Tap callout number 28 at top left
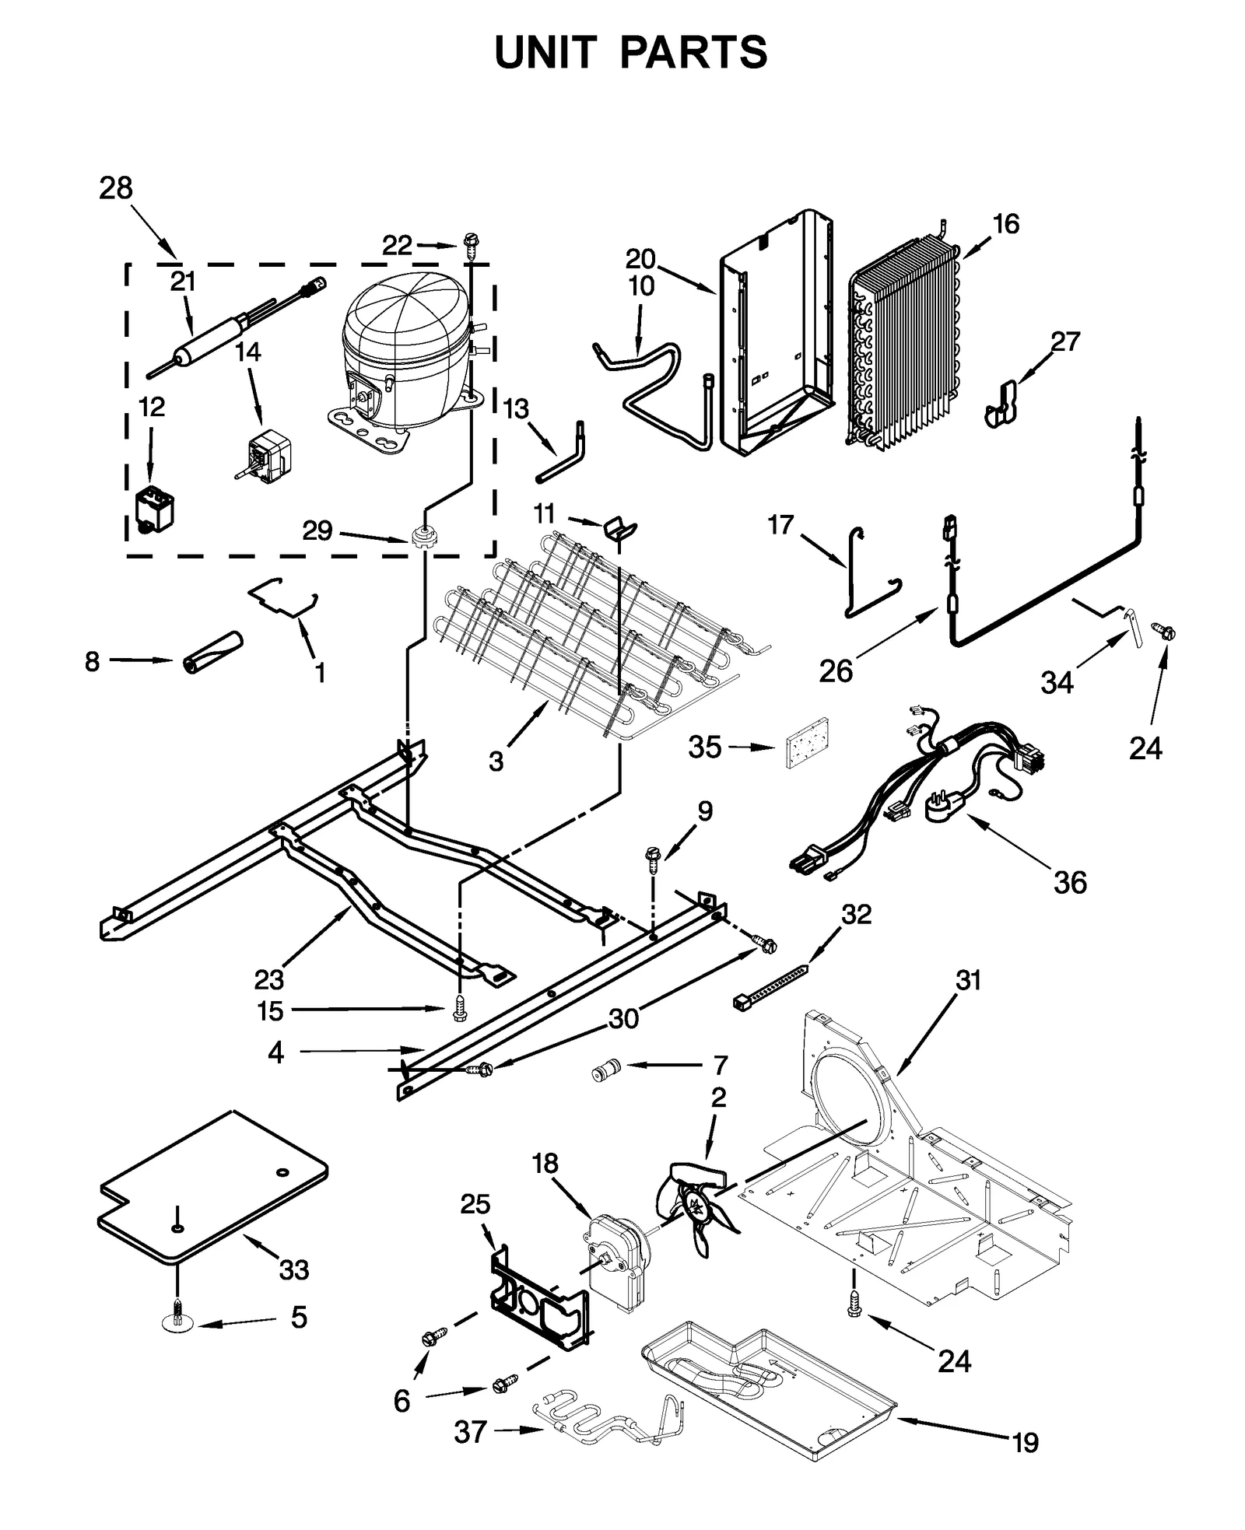point(116,188)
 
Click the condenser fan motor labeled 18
point(614,1257)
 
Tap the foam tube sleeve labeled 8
point(212,652)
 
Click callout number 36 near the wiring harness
point(1070,883)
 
